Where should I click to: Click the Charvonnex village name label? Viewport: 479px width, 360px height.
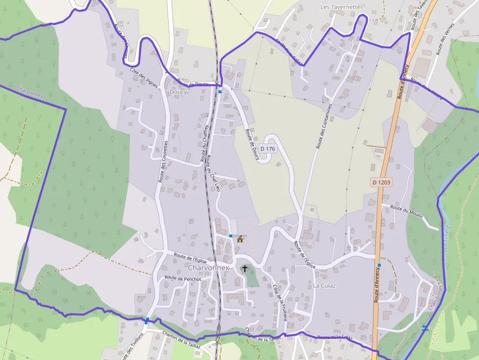tap(208, 268)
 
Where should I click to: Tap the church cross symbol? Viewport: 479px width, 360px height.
tap(245, 268)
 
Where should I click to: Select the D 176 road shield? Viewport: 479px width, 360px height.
tap(268, 148)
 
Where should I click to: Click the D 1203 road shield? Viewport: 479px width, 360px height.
tap(381, 182)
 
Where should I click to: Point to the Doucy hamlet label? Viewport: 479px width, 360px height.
tap(178, 92)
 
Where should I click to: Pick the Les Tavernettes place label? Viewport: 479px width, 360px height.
tap(342, 7)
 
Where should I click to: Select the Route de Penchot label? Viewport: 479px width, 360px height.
tap(183, 278)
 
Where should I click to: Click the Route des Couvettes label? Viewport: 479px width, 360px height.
tap(163, 162)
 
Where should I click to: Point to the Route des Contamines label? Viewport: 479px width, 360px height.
tap(324, 126)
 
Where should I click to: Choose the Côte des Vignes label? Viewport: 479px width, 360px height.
tap(144, 77)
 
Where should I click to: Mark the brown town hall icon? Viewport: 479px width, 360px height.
tap(240, 239)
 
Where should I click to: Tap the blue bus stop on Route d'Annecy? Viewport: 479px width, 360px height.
tap(379, 266)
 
